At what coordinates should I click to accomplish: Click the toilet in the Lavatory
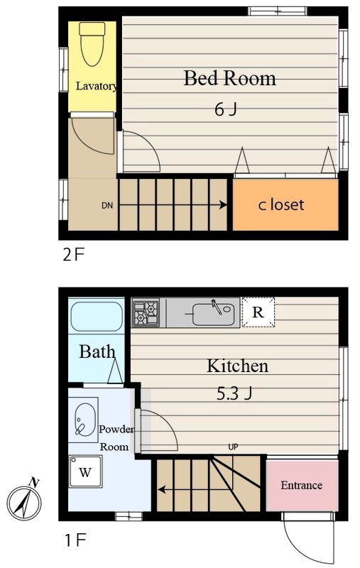(92, 43)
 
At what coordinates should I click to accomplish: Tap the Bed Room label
(229, 78)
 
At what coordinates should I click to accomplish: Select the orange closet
(285, 204)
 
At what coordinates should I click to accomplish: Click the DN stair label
(107, 205)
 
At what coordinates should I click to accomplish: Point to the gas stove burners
(146, 312)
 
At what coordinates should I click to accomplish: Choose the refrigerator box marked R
(258, 312)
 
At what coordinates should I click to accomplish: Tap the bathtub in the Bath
(97, 317)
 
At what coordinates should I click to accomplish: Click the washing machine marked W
(85, 471)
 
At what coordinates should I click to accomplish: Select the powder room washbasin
(85, 420)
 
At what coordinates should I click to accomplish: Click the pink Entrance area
(302, 486)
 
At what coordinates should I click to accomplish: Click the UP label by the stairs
(233, 447)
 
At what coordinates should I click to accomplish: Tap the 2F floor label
(74, 255)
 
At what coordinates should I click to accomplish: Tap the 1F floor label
(75, 540)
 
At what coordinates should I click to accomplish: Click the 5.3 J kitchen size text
(234, 393)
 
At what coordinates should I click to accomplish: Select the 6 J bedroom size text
(226, 109)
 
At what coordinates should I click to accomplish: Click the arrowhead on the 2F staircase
(224, 205)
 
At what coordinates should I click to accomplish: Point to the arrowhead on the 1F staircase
(161, 490)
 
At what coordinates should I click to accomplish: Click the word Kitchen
(237, 366)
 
